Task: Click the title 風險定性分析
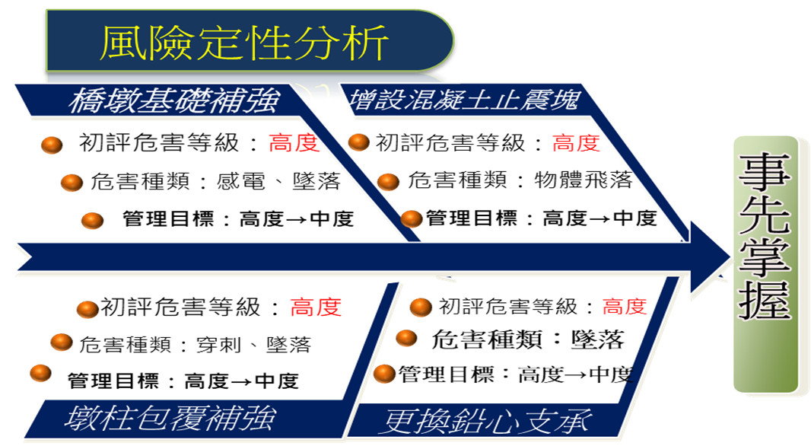click(243, 43)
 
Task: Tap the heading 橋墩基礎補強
click(174, 100)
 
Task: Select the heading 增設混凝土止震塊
click(463, 100)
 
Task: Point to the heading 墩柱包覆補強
click(170, 418)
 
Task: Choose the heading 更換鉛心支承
click(486, 421)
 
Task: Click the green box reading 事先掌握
click(765, 264)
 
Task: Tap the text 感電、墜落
click(278, 181)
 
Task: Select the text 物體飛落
click(584, 180)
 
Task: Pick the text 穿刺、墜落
click(254, 345)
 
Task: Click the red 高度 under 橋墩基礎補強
click(294, 143)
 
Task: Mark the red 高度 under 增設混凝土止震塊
click(576, 142)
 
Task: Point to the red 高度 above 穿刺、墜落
click(316, 307)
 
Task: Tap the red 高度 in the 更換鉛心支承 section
click(625, 307)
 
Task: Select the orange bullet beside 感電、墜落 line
click(72, 182)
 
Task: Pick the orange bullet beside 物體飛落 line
click(389, 182)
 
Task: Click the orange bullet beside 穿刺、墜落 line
click(62, 342)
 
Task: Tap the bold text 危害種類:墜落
click(527, 340)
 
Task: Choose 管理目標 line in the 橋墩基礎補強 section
click(238, 219)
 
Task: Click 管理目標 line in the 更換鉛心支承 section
click(516, 374)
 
